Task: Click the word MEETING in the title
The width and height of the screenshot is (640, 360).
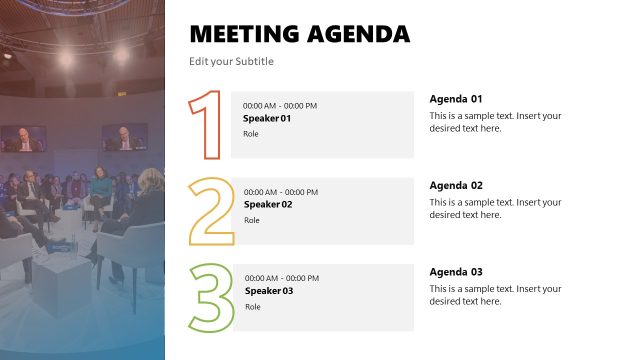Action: coord(242,34)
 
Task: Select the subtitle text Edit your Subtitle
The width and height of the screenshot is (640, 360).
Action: coord(231,62)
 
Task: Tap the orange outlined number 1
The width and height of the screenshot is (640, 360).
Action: coord(207,124)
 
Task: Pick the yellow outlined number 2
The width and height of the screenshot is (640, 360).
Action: coord(211,211)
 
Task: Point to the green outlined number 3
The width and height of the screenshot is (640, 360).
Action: coord(211,297)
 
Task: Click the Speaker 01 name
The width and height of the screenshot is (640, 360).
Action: coord(267,119)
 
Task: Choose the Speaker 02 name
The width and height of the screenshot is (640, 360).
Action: coord(268,205)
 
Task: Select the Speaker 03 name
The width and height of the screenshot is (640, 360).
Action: coord(269,291)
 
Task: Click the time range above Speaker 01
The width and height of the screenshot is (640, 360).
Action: coord(280,106)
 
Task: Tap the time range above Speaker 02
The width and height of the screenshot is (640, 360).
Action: coord(281,192)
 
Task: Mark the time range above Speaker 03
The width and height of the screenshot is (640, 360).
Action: coord(282,278)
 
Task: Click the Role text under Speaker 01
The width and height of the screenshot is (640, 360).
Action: coord(251,134)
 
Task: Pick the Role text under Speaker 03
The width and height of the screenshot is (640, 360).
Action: coord(252,307)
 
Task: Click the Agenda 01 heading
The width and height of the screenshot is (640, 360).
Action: coord(456,99)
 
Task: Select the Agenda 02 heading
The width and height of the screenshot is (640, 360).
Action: coord(456,185)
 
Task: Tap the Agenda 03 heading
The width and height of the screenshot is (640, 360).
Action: coord(456,272)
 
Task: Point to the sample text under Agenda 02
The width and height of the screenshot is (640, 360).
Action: coord(495,208)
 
